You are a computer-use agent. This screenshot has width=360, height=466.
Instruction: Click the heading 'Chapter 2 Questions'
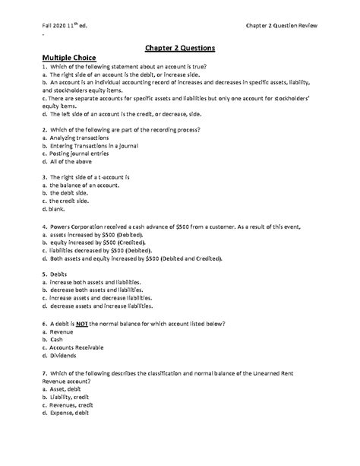point(179,47)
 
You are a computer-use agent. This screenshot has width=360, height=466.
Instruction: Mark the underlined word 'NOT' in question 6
point(83,324)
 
